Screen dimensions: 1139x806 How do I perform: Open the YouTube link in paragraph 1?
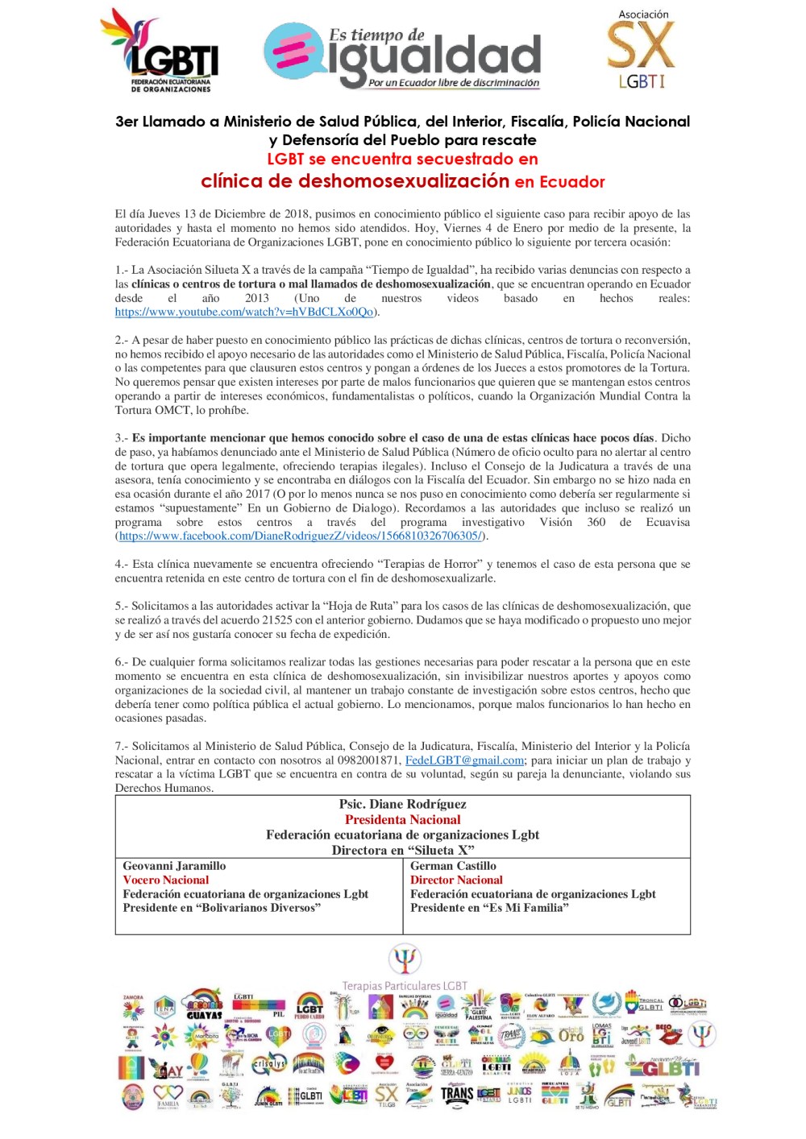243,313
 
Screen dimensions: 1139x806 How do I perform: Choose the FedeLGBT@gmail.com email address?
464,760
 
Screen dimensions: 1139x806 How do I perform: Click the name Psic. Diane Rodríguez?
402,804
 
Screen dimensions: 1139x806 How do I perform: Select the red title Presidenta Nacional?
402,819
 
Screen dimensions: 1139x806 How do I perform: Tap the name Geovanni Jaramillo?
174,866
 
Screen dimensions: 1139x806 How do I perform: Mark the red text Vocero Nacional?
165,880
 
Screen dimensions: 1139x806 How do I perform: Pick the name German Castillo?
453,866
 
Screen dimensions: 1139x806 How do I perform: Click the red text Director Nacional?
456,880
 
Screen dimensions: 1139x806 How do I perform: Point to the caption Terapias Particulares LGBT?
404,986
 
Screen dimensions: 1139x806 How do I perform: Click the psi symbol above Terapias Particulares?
404,959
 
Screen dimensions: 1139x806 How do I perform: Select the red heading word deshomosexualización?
403,181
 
